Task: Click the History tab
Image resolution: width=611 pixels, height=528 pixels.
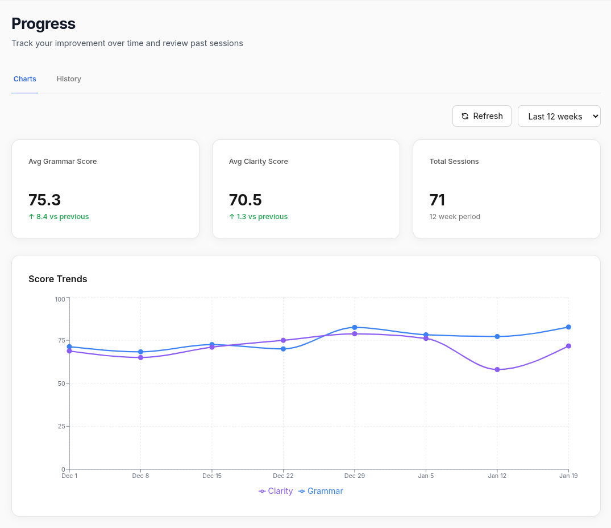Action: click(x=69, y=79)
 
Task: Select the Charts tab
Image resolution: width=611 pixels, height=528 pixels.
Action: click(x=24, y=79)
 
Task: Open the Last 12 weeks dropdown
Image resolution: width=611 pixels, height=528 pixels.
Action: click(x=559, y=116)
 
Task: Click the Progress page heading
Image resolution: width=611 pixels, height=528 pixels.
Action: click(x=43, y=24)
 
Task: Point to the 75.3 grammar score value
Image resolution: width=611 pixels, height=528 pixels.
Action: click(x=44, y=200)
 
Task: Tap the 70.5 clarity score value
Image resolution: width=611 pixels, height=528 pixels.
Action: click(x=245, y=200)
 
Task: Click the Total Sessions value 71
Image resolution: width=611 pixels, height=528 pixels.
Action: click(x=437, y=200)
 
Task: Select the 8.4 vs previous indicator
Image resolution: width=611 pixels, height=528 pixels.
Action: click(x=59, y=217)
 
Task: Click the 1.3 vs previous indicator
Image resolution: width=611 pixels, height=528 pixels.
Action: click(x=258, y=217)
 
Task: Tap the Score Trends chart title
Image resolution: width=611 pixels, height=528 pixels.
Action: click(x=58, y=279)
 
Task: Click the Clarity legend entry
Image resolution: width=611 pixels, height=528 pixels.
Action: click(x=276, y=491)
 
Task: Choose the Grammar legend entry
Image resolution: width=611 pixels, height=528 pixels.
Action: click(x=321, y=491)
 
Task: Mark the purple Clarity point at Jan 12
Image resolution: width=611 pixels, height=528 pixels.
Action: click(x=497, y=370)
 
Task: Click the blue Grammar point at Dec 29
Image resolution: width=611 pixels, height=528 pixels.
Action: click(x=354, y=327)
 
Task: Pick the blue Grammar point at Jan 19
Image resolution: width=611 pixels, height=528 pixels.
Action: click(x=568, y=327)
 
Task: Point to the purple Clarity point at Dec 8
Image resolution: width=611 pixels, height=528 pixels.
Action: click(x=140, y=357)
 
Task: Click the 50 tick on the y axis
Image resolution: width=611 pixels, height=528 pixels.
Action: click(x=61, y=383)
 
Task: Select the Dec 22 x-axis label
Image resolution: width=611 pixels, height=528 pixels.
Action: click(x=283, y=476)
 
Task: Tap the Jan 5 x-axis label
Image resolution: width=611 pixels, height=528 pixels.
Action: click(x=426, y=476)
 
